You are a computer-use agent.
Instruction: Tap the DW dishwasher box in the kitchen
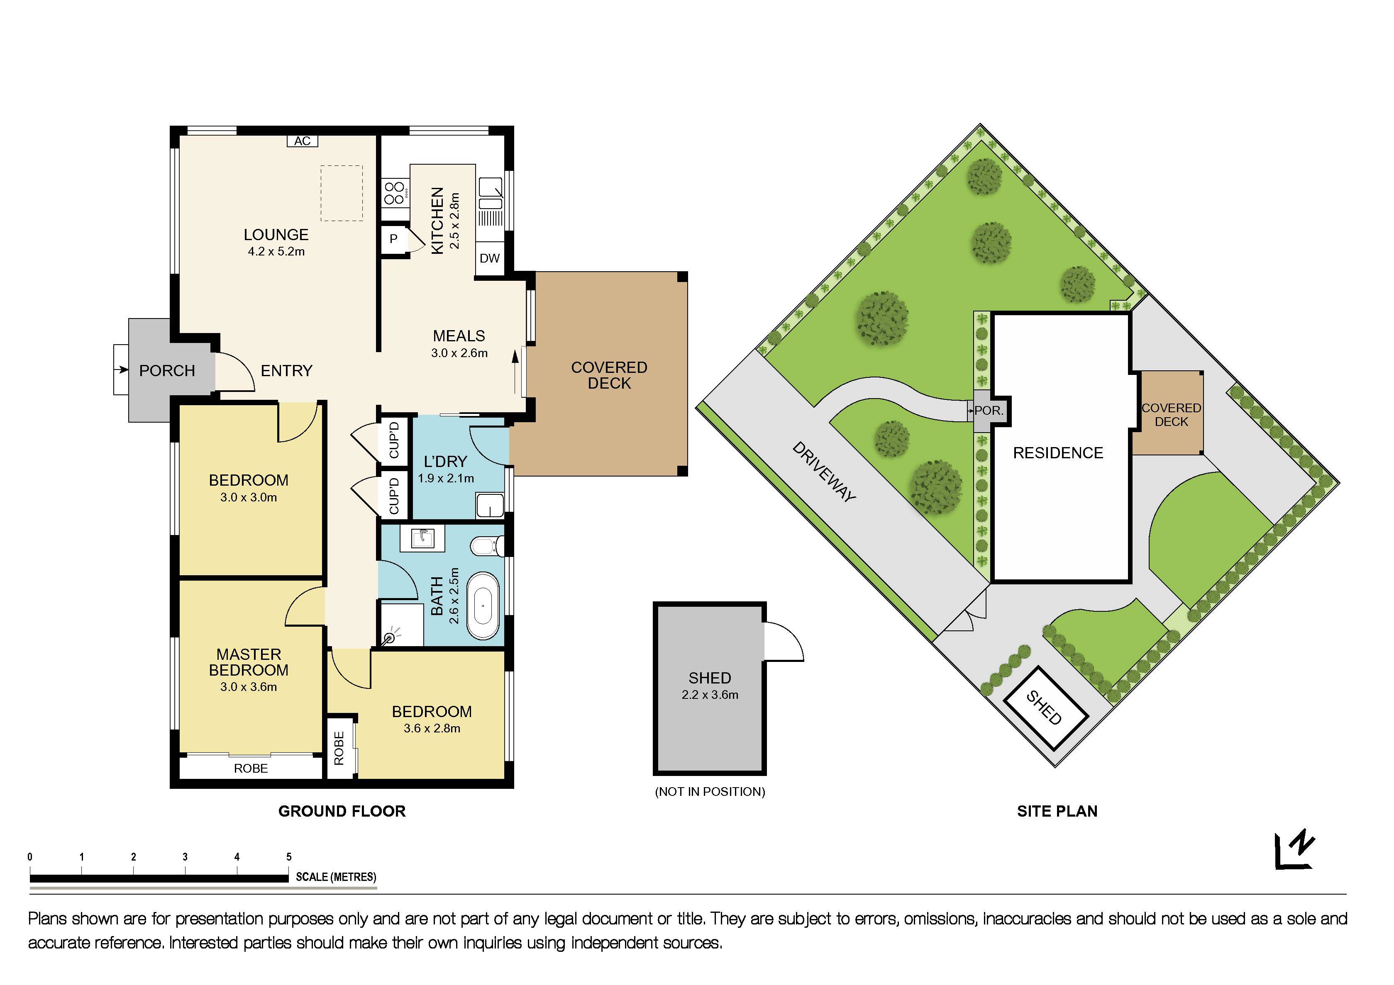(489, 258)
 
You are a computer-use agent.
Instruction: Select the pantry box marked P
(393, 239)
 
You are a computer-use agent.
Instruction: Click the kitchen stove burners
(395, 193)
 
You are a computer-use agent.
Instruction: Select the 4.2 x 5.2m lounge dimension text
(276, 251)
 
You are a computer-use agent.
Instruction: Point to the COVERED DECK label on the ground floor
(609, 375)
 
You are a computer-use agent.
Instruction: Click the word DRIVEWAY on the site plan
(824, 472)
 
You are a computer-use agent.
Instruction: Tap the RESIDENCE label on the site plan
(1058, 453)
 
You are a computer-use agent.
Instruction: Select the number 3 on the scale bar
(185, 857)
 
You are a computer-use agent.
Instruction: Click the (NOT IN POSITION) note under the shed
(710, 791)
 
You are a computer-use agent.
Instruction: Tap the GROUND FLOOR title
(342, 811)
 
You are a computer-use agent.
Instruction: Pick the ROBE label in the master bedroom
(251, 769)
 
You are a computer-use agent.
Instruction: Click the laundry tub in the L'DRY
(489, 505)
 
